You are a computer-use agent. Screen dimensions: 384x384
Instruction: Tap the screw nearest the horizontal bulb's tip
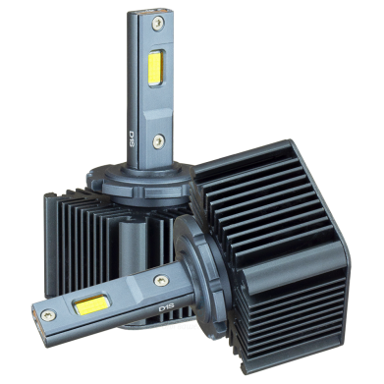pos(47,315)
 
